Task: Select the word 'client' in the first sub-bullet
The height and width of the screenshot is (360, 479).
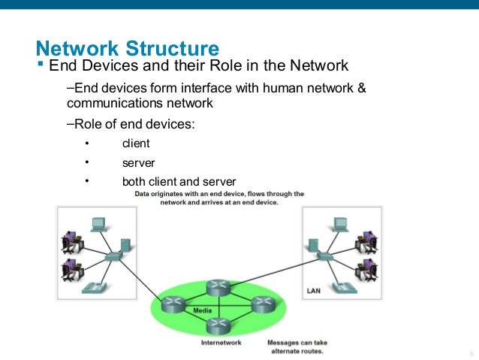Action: coord(136,143)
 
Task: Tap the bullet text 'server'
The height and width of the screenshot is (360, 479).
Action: coord(138,162)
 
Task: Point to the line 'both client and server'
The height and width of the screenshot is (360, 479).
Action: coord(179,181)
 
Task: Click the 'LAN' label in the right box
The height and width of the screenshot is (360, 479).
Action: coord(315,289)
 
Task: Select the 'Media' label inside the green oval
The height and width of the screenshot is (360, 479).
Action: coord(203,310)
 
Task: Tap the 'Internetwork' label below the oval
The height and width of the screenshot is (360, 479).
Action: coord(221,343)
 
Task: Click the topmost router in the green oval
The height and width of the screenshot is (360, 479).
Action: coord(218,286)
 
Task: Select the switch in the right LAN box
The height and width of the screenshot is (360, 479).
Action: coord(325,256)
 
